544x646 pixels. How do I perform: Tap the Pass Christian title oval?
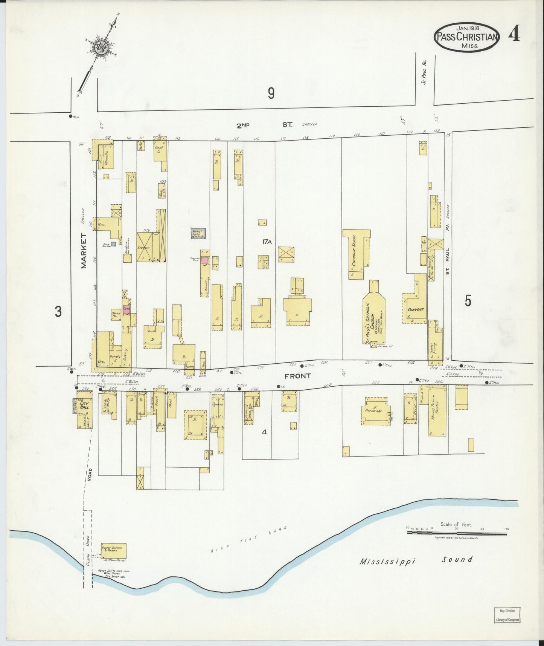click(467, 37)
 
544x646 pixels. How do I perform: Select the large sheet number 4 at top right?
click(514, 35)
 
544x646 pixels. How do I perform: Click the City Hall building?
click(84, 410)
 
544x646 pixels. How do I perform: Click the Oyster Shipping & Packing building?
click(113, 551)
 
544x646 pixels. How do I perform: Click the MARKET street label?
click(84, 251)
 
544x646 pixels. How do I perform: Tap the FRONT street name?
click(297, 376)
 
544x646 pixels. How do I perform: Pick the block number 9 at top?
click(271, 93)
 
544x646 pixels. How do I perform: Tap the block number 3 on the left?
click(58, 311)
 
